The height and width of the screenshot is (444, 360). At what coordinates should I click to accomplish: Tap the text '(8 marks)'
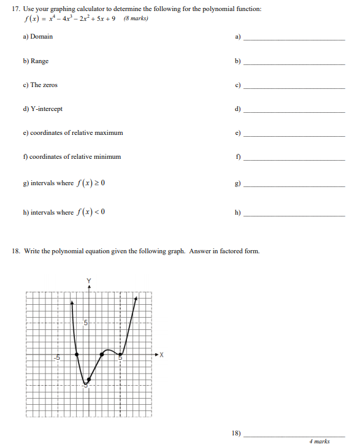point(136,18)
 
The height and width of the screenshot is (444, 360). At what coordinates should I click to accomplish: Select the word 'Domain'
point(42,37)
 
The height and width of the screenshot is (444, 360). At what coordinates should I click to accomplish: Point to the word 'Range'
point(40,61)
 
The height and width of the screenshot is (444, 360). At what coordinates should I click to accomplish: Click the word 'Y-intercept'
point(46,109)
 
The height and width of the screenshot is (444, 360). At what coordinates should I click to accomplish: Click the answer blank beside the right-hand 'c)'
point(294,88)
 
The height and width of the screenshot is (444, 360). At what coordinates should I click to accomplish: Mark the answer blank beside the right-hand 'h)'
point(294,216)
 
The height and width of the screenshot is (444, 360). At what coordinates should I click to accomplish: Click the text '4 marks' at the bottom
point(320,440)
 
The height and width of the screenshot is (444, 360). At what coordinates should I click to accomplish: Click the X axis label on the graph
point(161,354)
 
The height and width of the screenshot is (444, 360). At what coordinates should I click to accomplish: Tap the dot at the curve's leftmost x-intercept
point(77,354)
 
